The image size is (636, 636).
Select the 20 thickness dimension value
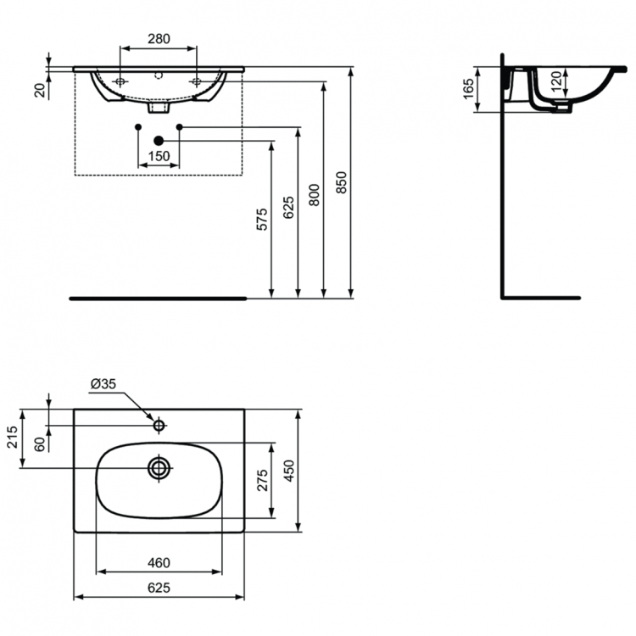tap(40, 89)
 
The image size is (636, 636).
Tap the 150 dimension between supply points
tap(158, 156)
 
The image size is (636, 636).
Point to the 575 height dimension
tap(262, 219)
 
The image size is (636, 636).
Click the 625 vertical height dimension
tap(288, 207)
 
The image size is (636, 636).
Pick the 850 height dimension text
tap(342, 184)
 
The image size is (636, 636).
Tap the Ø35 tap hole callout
tap(103, 385)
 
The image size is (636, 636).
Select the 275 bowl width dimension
tap(262, 480)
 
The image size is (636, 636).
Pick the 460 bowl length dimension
tap(158, 562)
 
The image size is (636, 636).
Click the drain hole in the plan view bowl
tap(159, 467)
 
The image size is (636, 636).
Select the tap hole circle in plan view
tap(159, 423)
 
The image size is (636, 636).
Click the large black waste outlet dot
tap(158, 140)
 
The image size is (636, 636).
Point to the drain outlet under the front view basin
tap(159, 108)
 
